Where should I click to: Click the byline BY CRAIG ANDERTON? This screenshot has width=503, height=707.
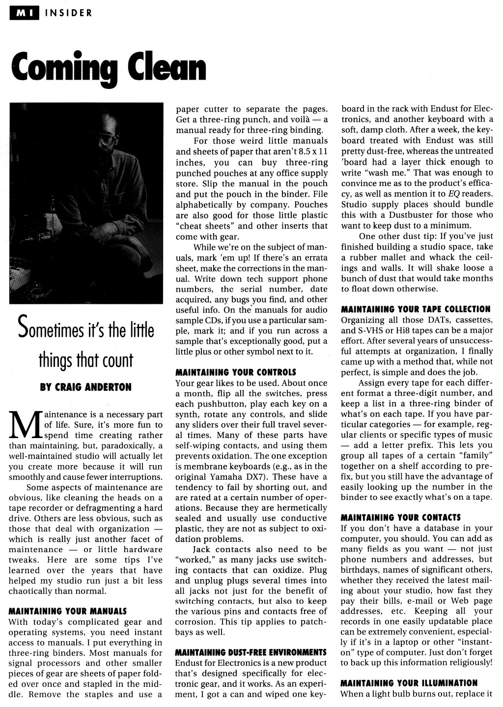click(x=85, y=387)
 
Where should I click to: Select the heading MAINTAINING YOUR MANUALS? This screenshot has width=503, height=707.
click(x=68, y=612)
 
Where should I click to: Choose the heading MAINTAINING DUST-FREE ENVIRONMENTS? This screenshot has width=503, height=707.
click(x=251, y=652)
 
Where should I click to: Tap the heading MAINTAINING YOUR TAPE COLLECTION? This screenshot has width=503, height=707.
click(x=416, y=309)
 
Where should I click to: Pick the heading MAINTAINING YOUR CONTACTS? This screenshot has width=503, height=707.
click(x=401, y=517)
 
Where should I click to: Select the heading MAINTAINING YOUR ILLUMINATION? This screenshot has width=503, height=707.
click(x=409, y=683)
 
